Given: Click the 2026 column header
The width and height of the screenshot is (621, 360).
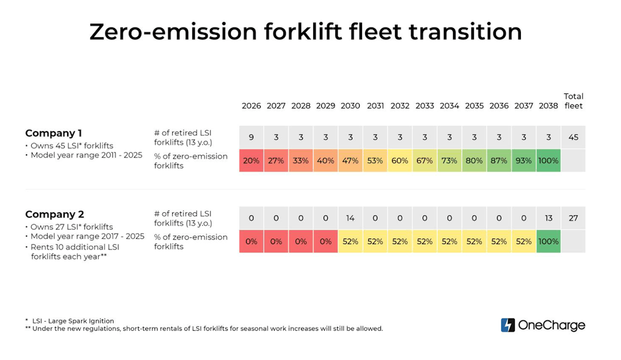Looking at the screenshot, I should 251,106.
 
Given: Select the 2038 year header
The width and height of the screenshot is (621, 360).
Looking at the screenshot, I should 548,106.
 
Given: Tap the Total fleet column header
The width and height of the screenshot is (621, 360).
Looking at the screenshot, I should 573,101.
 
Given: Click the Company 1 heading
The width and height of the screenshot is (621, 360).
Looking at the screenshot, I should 54,133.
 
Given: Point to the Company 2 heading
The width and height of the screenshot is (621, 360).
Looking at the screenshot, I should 54,214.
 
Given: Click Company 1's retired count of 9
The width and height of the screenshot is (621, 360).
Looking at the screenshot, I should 251,137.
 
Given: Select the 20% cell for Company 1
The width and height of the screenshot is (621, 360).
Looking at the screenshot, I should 251,160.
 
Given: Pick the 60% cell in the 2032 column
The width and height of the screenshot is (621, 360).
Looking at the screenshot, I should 400,160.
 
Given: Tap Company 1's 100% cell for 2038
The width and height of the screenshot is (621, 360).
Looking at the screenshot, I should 548,160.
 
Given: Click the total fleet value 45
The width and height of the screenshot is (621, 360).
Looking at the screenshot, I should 573,137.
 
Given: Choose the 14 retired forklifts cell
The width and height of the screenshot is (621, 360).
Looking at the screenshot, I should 350,218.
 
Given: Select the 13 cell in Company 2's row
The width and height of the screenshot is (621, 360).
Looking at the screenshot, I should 548,218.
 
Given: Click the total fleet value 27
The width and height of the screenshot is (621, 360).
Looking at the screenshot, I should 573,218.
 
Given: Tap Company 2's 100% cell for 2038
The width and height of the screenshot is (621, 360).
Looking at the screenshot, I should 548,242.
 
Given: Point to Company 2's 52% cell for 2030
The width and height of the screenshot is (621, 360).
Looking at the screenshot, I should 350,242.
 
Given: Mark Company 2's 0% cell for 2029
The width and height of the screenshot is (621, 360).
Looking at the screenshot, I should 325,242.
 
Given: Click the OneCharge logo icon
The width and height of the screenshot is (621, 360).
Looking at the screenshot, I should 507,325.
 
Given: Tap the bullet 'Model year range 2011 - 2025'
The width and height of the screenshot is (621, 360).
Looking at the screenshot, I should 85,155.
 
